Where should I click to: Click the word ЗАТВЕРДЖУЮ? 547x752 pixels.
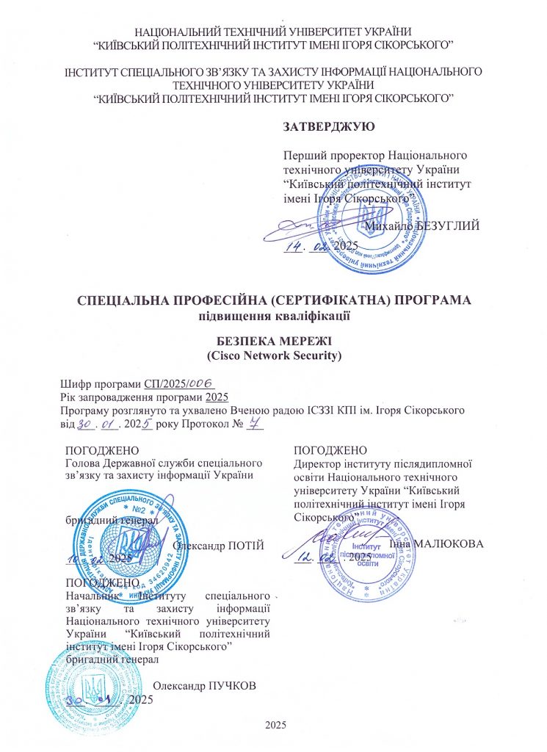click(328, 126)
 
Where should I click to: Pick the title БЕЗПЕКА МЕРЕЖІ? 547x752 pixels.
click(273, 342)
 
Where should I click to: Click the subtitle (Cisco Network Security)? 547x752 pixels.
click(273, 356)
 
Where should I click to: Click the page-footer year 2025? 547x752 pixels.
click(275, 726)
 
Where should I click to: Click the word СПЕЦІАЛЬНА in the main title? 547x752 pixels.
click(128, 301)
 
